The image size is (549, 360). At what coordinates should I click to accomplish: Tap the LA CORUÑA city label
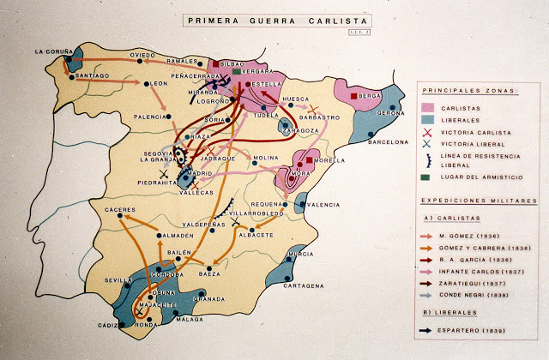[x=51, y=51]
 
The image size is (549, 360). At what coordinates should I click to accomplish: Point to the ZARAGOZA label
[x=302, y=131]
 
